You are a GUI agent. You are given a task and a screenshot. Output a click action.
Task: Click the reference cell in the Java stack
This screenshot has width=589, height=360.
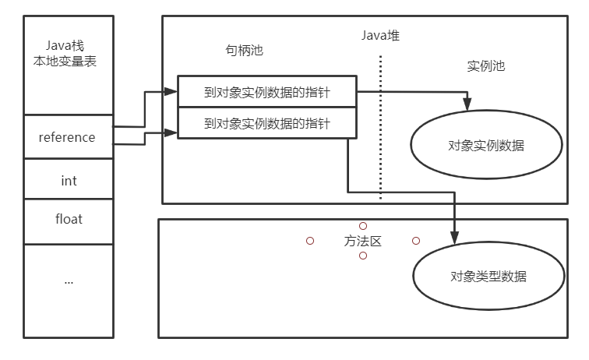pos(67,137)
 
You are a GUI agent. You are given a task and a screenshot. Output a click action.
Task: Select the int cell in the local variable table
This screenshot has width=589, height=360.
pos(69,180)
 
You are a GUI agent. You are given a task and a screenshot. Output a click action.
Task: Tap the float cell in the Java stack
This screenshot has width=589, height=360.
pos(69,219)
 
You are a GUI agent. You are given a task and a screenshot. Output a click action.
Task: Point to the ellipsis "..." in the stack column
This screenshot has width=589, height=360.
pos(69,281)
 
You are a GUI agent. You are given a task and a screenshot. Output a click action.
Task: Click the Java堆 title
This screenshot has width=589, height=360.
pos(380,35)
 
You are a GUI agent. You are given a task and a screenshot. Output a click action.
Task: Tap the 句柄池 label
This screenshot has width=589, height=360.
pos(244,51)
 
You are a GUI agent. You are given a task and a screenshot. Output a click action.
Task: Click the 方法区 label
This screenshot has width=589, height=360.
pos(363,241)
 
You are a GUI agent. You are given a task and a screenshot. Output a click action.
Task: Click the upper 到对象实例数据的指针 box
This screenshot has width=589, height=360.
pos(266,93)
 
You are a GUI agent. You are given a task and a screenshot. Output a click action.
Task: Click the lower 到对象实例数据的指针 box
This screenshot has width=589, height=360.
pos(266,123)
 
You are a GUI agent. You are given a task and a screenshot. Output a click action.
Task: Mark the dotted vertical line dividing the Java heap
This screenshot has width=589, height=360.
pos(381,125)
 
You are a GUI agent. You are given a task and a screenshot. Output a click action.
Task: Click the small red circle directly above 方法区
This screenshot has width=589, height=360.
pos(363,226)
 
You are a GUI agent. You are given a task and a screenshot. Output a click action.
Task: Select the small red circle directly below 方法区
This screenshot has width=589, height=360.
pos(363,256)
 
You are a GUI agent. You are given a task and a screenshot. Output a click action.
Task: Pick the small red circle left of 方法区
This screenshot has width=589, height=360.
pos(310,241)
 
